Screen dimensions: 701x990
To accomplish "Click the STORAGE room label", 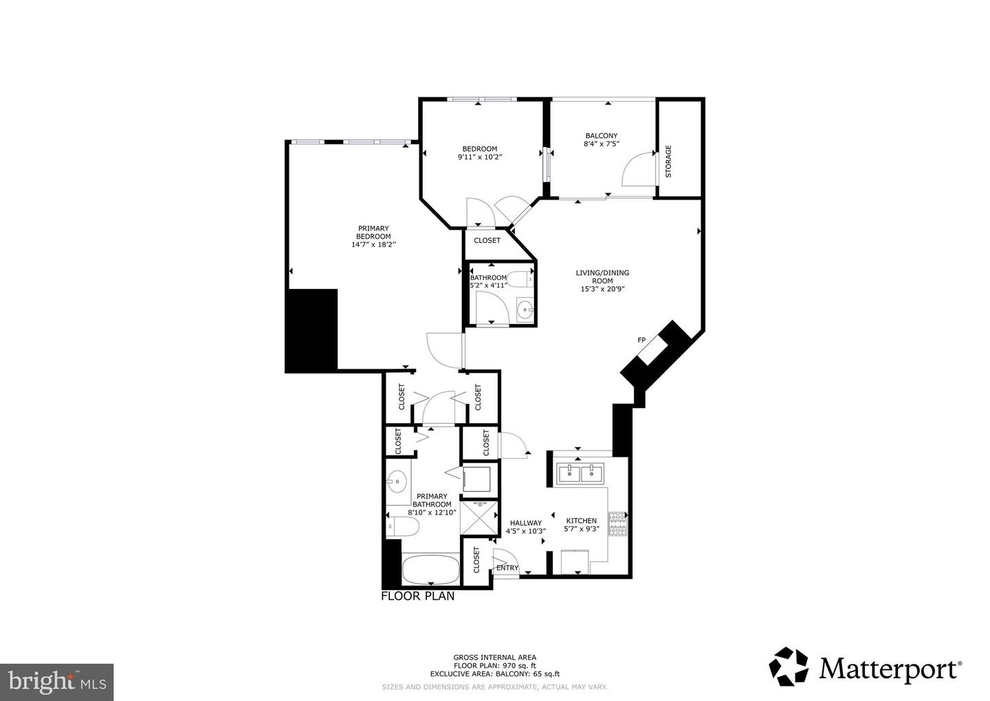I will coord(668,161).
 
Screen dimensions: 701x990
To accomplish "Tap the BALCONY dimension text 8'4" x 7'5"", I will coord(601,144).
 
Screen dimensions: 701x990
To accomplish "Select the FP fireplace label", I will coord(641,341).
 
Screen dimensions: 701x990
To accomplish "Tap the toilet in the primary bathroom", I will coord(402,528).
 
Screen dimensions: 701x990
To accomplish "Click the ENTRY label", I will coord(507,568).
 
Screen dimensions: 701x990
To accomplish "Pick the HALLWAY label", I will coord(525,523).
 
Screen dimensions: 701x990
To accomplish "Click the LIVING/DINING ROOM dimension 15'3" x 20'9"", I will coord(602,289).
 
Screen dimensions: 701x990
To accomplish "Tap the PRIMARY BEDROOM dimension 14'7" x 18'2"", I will coord(373,244).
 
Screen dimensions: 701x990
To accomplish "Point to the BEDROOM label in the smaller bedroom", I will coord(479,149).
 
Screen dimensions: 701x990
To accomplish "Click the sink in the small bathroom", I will coord(526,309).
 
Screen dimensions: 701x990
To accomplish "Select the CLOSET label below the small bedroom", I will coord(487,241).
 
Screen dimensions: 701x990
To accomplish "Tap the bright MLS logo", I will coord(56,682).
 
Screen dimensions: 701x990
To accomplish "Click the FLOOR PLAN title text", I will coord(417,596).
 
